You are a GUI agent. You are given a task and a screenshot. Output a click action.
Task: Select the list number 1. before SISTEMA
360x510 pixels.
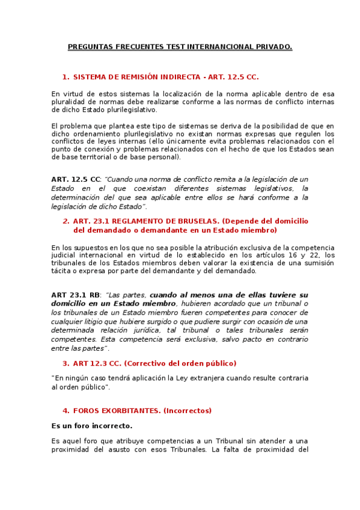[66, 77]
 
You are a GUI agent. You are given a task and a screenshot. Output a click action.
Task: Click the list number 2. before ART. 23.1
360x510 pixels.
[66, 221]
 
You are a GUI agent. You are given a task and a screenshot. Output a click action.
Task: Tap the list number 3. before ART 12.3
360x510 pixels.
[66, 363]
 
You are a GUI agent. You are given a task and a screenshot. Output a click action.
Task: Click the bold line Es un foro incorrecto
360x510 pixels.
[91, 426]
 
